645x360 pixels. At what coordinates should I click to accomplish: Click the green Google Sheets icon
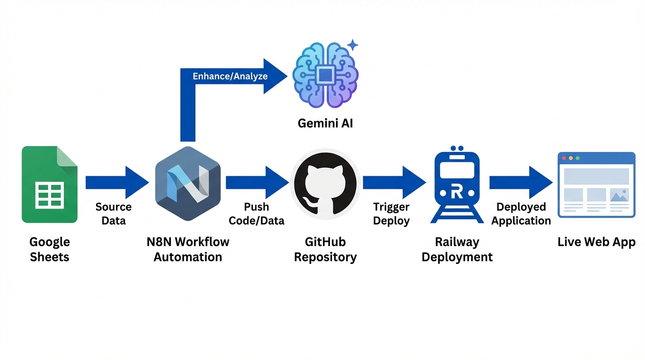click(x=49, y=184)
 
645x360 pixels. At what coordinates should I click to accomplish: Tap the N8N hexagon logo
click(x=187, y=183)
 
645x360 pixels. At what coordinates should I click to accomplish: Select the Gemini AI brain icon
click(x=325, y=75)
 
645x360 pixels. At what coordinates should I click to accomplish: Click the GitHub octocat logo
click(x=325, y=183)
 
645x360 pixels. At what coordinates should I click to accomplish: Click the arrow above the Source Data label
click(x=117, y=182)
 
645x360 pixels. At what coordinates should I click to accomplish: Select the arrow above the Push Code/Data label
click(x=257, y=182)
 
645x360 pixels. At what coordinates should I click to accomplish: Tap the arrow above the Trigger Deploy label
click(x=394, y=182)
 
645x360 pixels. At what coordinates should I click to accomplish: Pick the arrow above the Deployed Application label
click(x=521, y=182)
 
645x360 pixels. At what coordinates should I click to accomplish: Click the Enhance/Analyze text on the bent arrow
click(x=230, y=76)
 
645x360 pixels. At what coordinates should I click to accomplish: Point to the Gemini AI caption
click(x=325, y=123)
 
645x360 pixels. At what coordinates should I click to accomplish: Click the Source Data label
click(x=113, y=213)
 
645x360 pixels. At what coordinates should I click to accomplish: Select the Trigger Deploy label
click(x=391, y=213)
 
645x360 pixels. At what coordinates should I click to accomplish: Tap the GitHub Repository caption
click(x=325, y=249)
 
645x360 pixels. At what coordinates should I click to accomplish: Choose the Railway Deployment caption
click(x=457, y=249)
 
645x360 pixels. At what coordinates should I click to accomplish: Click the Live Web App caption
click(x=596, y=242)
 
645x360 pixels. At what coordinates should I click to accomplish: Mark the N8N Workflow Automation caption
click(x=188, y=249)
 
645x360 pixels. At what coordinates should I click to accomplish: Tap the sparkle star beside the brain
click(x=352, y=45)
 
